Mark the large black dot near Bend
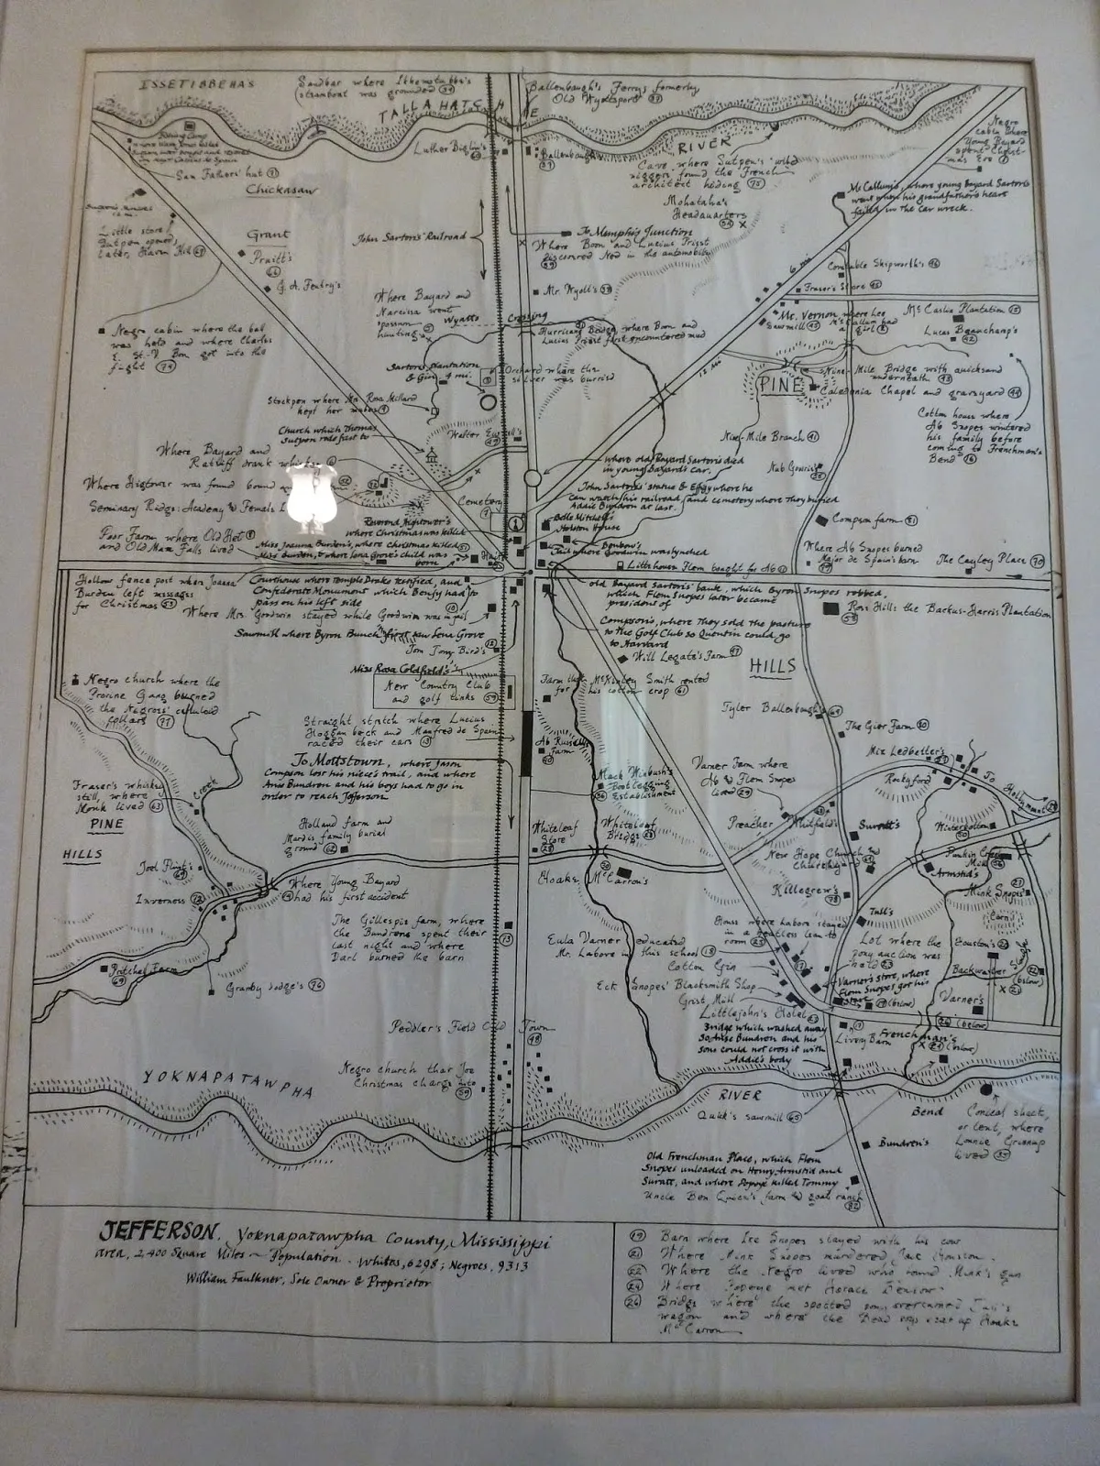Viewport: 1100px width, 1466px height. coord(985,1092)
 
